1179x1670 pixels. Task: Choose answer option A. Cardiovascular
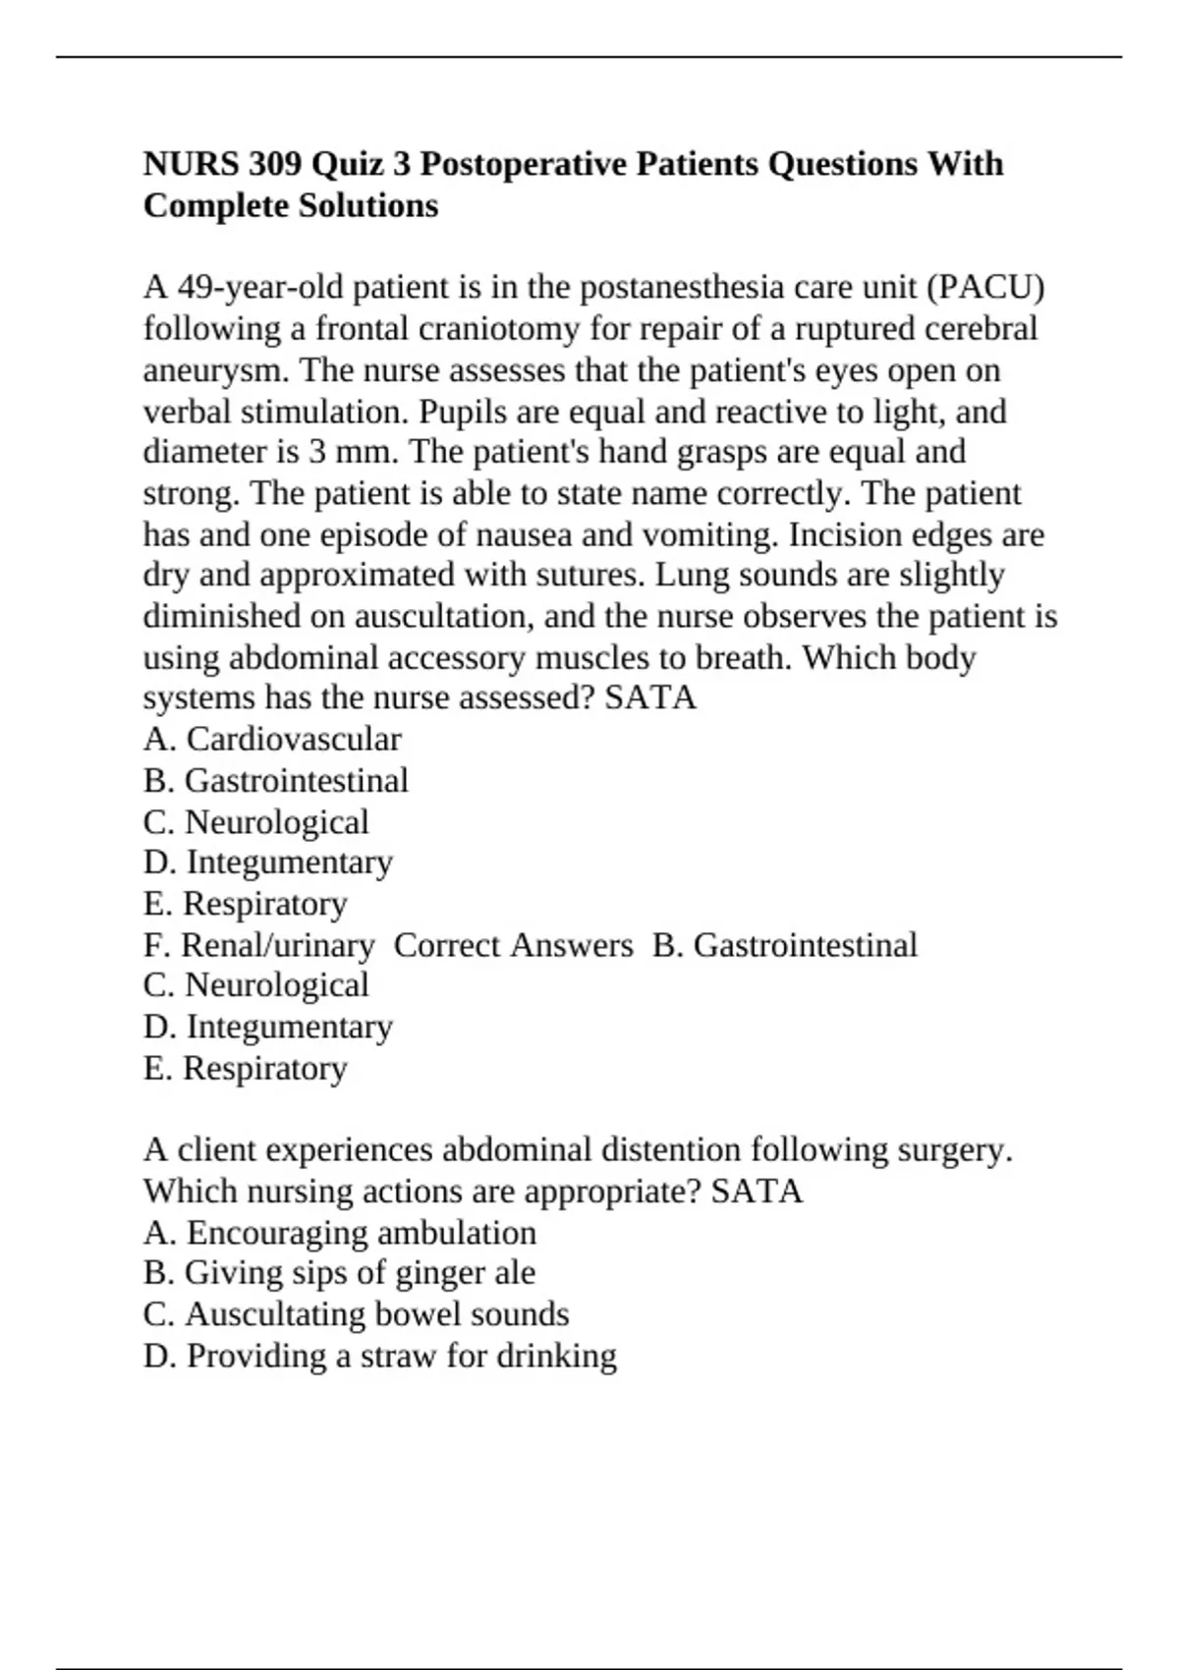tap(272, 740)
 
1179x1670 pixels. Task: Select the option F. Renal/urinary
tap(258, 945)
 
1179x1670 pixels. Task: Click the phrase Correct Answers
tap(513, 945)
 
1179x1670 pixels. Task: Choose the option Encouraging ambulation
tap(361, 1233)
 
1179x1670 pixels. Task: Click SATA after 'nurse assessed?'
tap(650, 698)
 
